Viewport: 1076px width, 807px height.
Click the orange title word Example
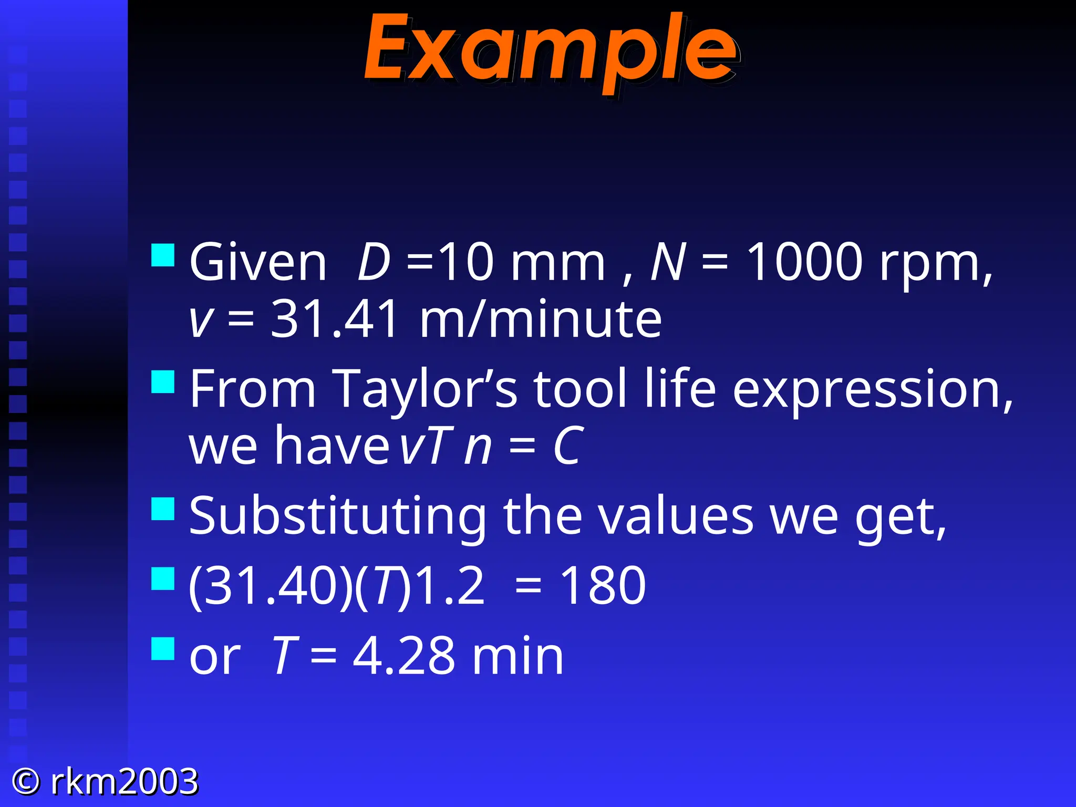click(x=552, y=50)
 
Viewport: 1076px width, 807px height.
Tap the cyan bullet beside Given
click(x=162, y=255)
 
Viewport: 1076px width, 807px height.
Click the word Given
click(x=258, y=262)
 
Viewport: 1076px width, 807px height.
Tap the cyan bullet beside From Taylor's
click(x=162, y=382)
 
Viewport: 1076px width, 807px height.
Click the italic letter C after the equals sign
click(x=568, y=447)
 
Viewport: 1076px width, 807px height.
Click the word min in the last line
click(x=518, y=656)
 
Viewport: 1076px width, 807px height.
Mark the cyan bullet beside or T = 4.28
click(x=162, y=648)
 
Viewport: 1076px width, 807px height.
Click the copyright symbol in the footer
click(x=26, y=781)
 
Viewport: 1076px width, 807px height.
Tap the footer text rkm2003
click(x=125, y=781)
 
